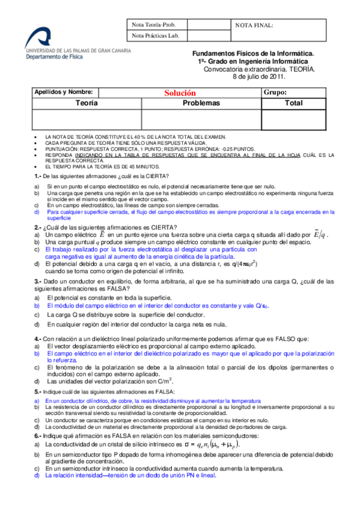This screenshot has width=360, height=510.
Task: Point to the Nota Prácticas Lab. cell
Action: [156, 37]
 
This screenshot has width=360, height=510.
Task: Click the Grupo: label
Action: [275, 93]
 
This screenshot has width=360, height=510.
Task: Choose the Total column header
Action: [294, 103]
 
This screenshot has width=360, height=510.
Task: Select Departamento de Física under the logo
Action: [53, 59]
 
